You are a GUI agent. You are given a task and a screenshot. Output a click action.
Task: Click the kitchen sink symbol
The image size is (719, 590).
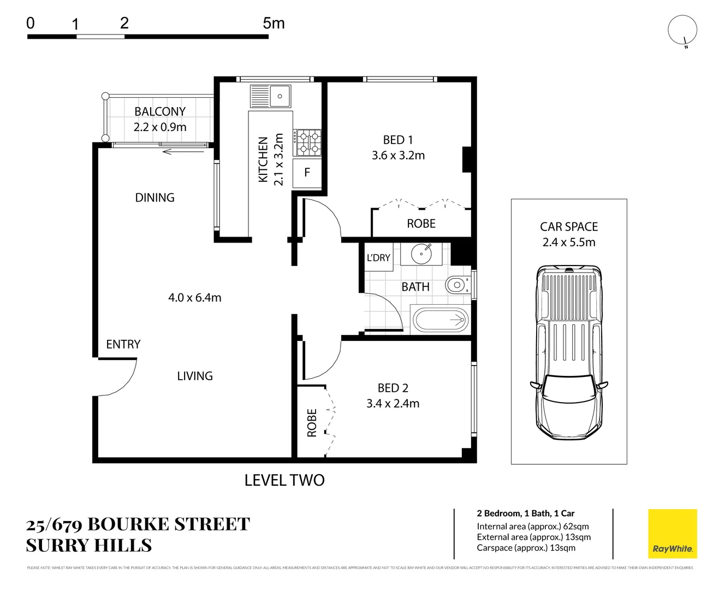271,96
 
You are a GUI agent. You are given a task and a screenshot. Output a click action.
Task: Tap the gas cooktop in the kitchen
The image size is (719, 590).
307,143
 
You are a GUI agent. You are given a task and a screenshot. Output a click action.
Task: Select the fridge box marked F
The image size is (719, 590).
307,173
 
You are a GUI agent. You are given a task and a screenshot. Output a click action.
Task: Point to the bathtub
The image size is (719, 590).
441,320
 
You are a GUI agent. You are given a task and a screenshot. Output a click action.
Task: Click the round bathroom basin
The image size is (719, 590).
421,254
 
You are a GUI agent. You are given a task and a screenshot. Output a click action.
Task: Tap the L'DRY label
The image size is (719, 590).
378,258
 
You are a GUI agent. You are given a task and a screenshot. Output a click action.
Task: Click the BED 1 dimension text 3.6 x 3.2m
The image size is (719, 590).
398,156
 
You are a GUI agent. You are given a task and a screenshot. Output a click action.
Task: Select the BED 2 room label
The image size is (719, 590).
393,388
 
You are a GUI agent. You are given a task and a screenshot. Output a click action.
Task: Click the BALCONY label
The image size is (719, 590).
160,111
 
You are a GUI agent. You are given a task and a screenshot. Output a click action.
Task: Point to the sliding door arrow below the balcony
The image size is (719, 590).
183,151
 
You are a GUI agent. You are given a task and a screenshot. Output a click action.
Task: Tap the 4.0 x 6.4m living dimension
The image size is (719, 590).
194,298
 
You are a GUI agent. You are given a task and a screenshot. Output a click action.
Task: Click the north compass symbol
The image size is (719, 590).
682,31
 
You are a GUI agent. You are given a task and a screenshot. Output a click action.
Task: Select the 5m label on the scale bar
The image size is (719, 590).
274,23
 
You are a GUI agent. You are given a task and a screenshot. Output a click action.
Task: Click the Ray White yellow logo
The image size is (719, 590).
672,534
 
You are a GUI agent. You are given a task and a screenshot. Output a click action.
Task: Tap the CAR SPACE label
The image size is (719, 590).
569,227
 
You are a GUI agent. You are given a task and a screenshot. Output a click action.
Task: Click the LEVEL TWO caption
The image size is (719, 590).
284,480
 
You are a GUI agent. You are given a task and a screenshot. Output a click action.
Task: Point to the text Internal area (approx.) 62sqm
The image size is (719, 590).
532,527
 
